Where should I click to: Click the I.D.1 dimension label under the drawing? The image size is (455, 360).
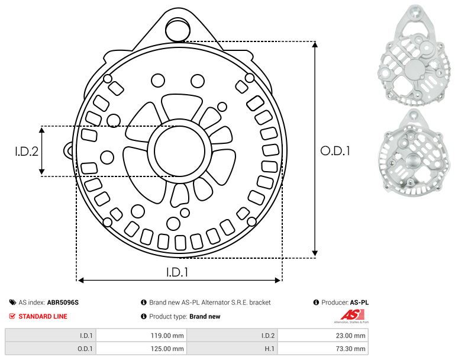[x=177, y=272]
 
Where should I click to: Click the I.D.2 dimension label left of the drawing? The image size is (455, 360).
[x=27, y=151]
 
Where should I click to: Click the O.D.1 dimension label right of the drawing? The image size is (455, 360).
[x=335, y=151]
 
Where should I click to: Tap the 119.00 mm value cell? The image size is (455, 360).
[x=141, y=336]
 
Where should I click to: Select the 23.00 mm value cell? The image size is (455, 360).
[x=323, y=336]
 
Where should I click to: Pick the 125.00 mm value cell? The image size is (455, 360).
[x=141, y=348]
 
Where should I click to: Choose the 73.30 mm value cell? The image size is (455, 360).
[x=323, y=348]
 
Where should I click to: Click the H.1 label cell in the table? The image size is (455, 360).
[x=232, y=348]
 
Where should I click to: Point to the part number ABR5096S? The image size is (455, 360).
[x=63, y=303]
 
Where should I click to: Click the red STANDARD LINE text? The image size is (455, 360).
[x=43, y=316]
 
